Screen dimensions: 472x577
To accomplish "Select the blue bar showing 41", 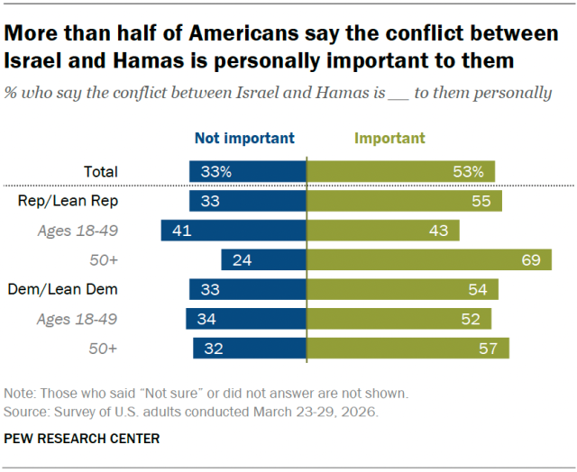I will point(234,231).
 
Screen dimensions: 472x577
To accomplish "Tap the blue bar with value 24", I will point(263,259).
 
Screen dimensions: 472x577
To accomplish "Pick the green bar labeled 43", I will point(383,231).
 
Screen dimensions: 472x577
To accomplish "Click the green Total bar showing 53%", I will point(401,171).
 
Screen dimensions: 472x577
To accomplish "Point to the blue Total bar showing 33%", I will point(248,171).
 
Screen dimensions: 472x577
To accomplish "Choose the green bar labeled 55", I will point(405,201).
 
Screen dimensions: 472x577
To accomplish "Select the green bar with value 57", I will point(408,348).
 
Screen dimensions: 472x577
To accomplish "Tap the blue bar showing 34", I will point(246,319).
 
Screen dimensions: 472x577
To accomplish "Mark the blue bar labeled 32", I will point(250,348).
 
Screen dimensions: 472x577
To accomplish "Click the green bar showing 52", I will point(399,319).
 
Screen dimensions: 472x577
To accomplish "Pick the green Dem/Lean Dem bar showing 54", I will point(403,289).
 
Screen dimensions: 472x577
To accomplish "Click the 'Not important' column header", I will point(244,138).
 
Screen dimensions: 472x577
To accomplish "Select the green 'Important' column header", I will point(389,138).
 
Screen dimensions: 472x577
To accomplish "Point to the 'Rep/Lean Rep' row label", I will point(80,201).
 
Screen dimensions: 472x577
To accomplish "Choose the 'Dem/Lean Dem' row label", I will point(78,289).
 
